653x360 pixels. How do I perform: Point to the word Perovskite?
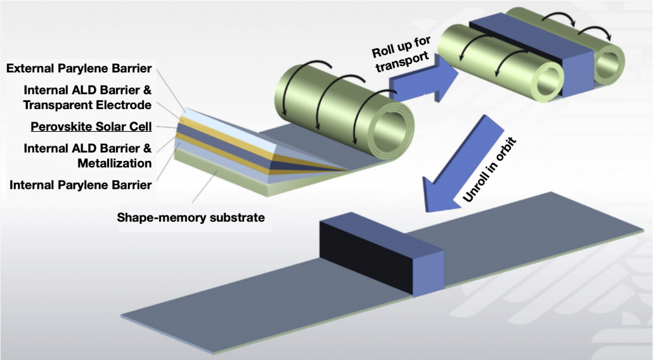pos(60,126)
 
